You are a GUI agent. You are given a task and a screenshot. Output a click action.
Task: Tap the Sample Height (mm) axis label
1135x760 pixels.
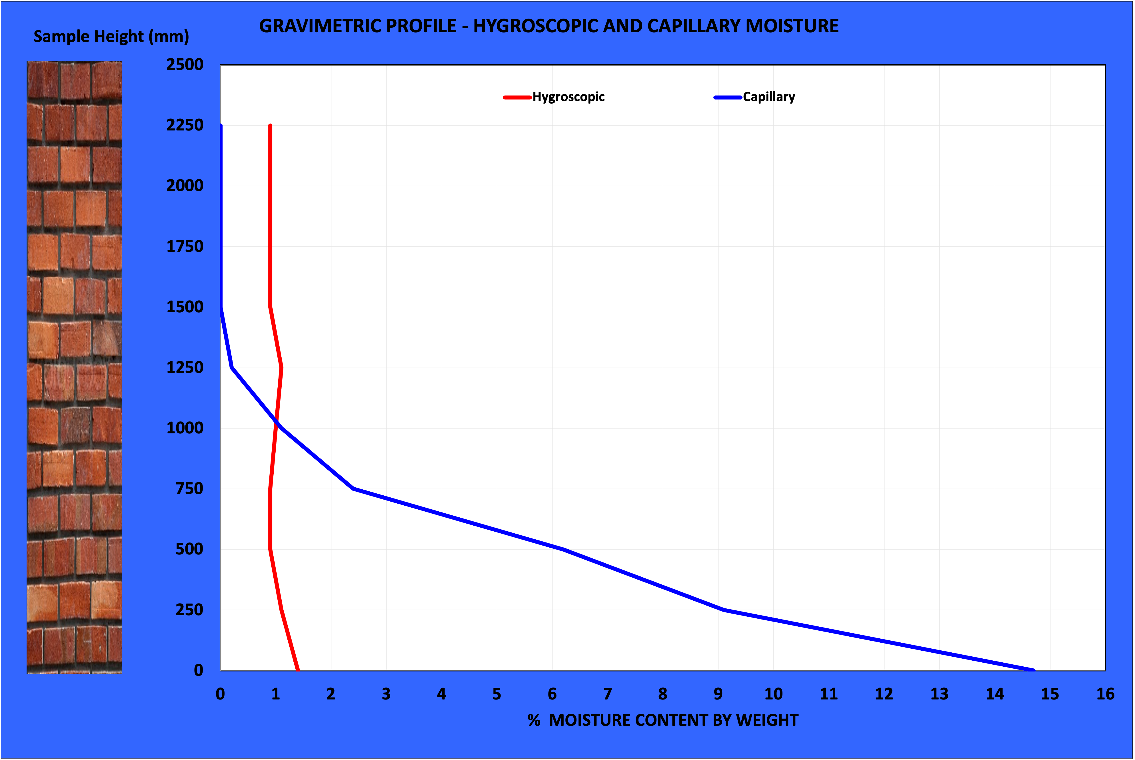pyautogui.click(x=111, y=36)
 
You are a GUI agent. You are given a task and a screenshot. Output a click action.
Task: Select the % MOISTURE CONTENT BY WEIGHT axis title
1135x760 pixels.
pyautogui.click(x=662, y=720)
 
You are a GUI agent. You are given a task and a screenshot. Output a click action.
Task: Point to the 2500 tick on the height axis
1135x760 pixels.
pyautogui.click(x=185, y=65)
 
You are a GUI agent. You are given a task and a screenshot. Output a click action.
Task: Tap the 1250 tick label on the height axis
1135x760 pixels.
pyautogui.click(x=185, y=367)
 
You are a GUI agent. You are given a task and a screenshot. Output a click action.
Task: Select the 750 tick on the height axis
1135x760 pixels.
pyautogui.click(x=189, y=488)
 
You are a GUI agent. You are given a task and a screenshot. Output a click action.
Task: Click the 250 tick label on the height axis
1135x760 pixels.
pyautogui.click(x=189, y=610)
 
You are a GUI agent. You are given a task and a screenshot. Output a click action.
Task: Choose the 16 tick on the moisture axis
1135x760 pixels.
pyautogui.click(x=1105, y=694)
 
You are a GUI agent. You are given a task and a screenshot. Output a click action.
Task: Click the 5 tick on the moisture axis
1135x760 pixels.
pyautogui.click(x=497, y=694)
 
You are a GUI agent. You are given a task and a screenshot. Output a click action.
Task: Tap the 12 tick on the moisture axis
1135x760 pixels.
pyautogui.click(x=884, y=694)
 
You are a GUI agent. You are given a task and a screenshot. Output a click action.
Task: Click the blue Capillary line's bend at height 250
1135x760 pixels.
pyautogui.click(x=724, y=610)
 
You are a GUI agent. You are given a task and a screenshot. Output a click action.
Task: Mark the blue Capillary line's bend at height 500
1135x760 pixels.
pyautogui.click(x=563, y=549)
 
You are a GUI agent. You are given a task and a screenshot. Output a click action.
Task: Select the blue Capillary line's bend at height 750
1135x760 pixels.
pyautogui.click(x=353, y=488)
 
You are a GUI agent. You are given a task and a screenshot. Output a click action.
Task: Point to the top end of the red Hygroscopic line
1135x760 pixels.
pyautogui.click(x=270, y=126)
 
